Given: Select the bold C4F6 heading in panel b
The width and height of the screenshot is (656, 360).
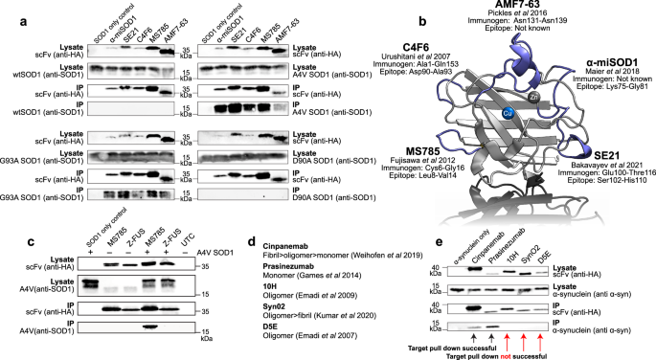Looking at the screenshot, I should tap(401, 43).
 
